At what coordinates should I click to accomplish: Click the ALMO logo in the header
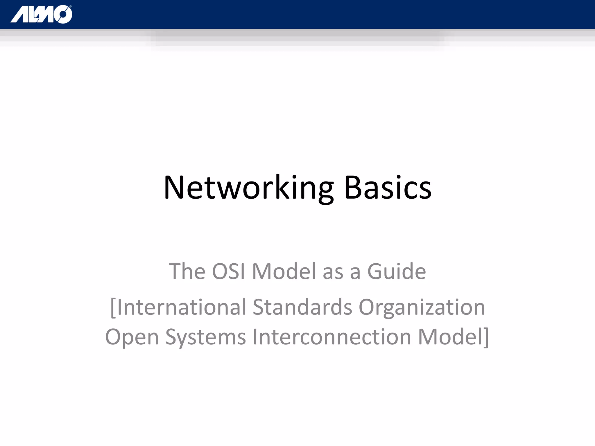[41, 15]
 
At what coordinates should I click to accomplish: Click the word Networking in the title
[248, 188]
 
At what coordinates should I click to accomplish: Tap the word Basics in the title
[388, 188]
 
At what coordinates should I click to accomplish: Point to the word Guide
[397, 271]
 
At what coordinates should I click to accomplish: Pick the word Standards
[302, 307]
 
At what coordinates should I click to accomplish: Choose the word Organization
[422, 307]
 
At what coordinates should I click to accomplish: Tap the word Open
[132, 337]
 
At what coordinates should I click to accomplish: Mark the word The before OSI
[187, 271]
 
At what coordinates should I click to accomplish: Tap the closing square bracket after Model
[486, 337]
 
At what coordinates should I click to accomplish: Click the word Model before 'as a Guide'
[284, 271]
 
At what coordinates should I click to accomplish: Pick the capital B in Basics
[353, 188]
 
